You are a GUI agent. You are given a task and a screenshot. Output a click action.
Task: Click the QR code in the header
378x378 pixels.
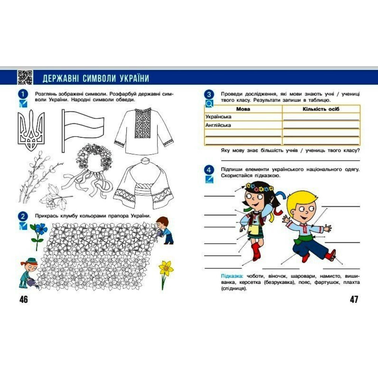(x=25, y=77)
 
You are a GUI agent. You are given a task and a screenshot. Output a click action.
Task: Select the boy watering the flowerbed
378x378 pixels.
(x=165, y=230)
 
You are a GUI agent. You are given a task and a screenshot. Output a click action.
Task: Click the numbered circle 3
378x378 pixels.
(x=209, y=94)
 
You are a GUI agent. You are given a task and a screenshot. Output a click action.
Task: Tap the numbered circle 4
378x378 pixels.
(x=209, y=170)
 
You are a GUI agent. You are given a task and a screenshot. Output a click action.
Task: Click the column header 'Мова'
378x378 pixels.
(x=243, y=109)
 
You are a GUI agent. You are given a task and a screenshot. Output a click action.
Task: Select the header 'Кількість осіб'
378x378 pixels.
(x=321, y=109)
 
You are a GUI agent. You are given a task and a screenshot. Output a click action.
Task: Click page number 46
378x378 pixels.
(x=23, y=299)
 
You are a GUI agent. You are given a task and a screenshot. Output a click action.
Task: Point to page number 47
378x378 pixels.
(x=354, y=299)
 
